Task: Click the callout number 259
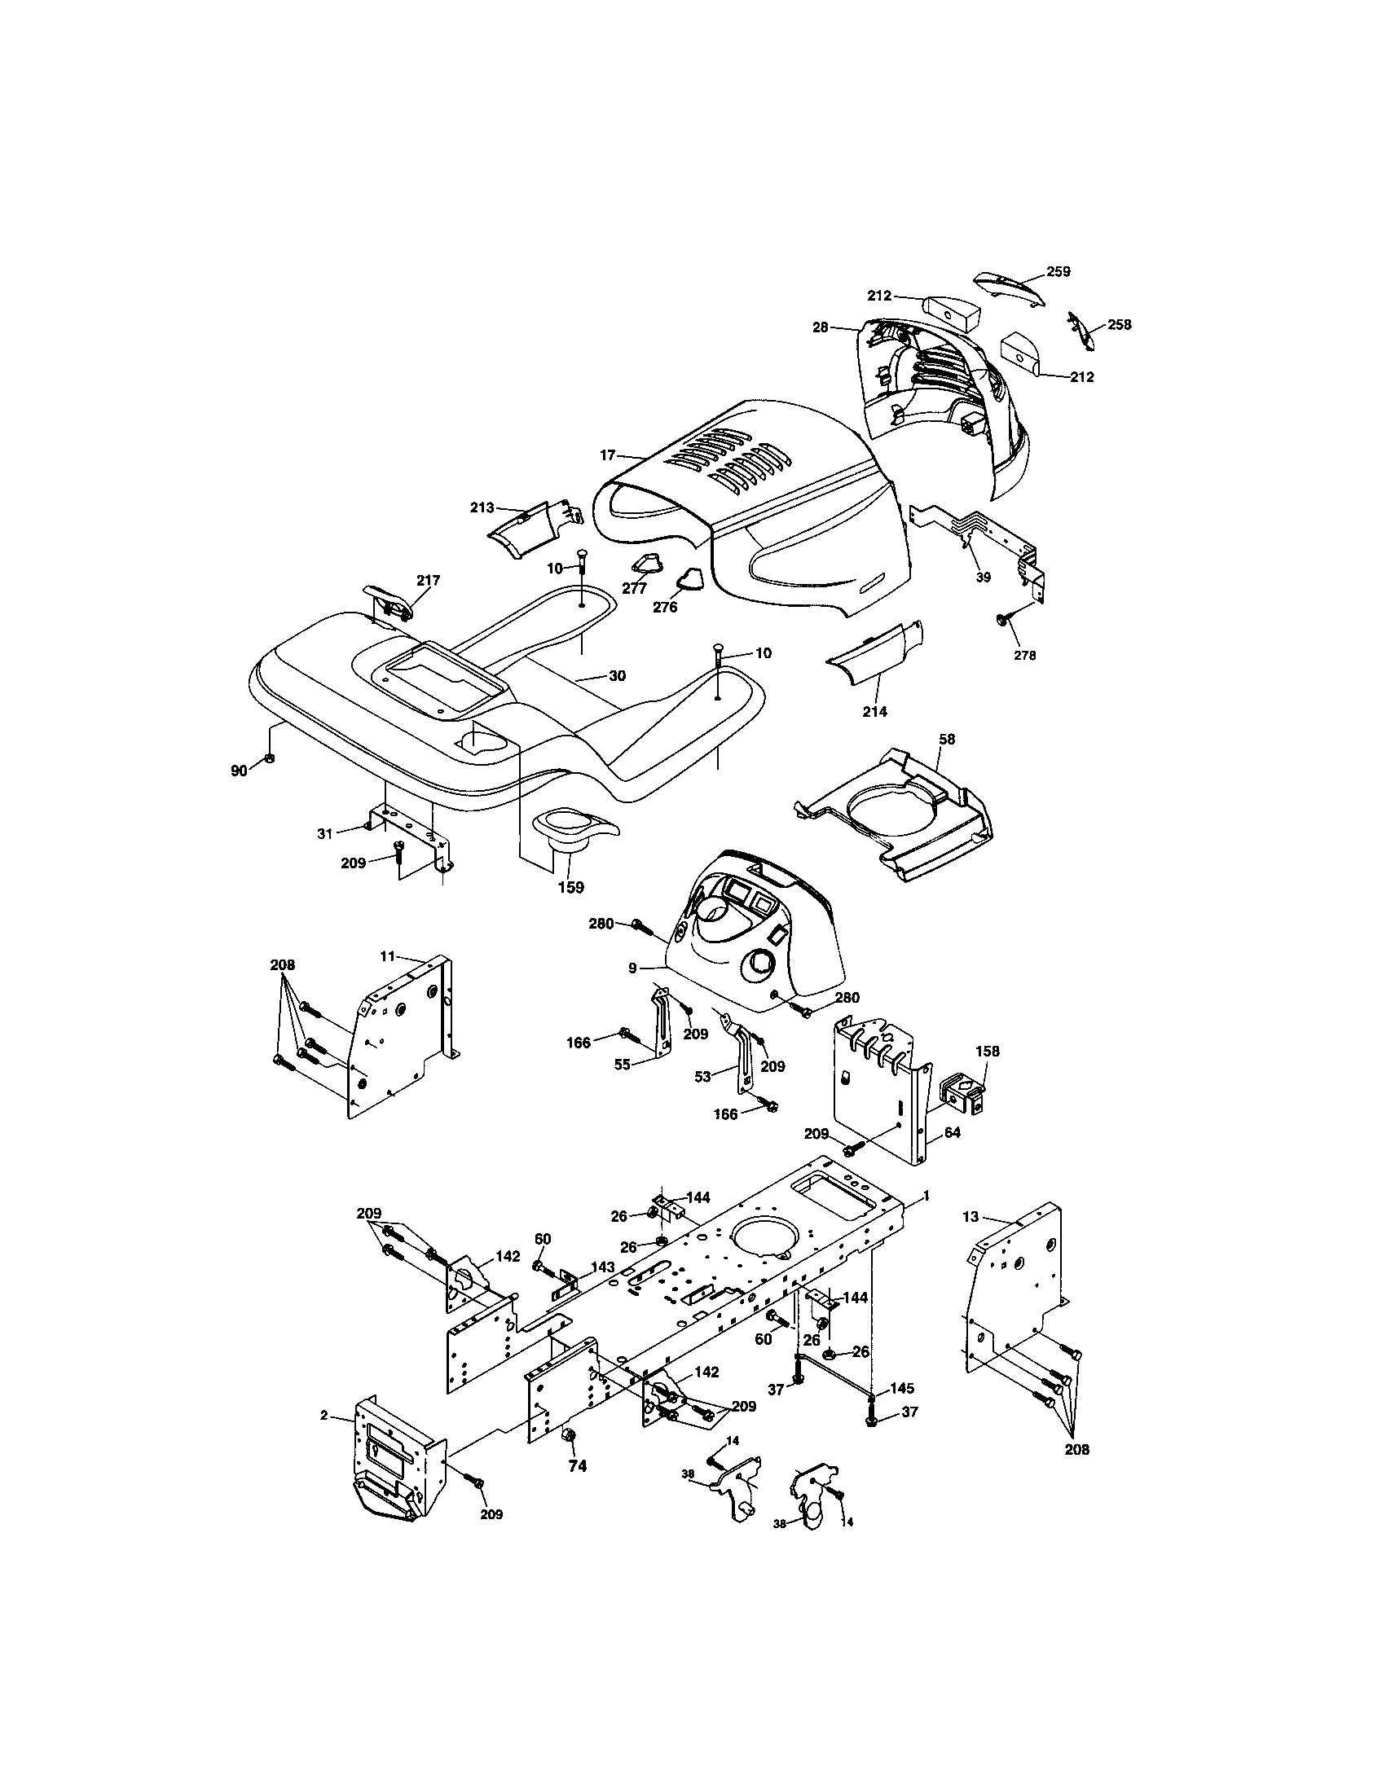[1058, 272]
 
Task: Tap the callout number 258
[1119, 325]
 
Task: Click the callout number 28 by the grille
[821, 327]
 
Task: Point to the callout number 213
[482, 508]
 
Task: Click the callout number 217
[428, 580]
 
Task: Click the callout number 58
[947, 740]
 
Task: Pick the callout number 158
[988, 1051]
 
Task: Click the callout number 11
[388, 955]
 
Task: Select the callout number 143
[602, 1267]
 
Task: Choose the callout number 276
[665, 608]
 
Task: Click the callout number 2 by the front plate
[324, 1416]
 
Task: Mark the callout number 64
[952, 1132]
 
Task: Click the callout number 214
[875, 711]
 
